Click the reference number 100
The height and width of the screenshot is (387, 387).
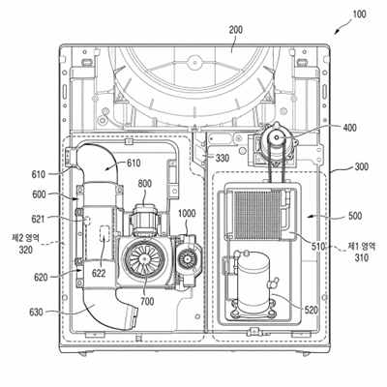359,15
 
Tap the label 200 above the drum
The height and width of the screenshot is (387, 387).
236,30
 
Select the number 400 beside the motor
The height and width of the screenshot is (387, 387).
349,128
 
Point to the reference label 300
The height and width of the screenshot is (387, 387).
362,167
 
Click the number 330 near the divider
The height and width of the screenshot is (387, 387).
223,158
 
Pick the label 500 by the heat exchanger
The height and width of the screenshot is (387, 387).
355,216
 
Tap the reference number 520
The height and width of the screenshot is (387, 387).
311,311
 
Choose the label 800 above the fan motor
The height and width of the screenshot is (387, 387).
145,184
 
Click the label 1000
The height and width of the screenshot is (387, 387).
187,214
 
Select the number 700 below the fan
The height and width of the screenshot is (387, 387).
147,302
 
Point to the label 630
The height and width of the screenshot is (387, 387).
36,313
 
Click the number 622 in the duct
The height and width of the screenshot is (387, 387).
99,273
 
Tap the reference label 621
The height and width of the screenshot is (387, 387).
38,220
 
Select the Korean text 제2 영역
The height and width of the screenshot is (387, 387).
25,238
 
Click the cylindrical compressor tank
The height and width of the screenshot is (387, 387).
253,281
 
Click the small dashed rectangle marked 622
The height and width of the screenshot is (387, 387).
104,233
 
